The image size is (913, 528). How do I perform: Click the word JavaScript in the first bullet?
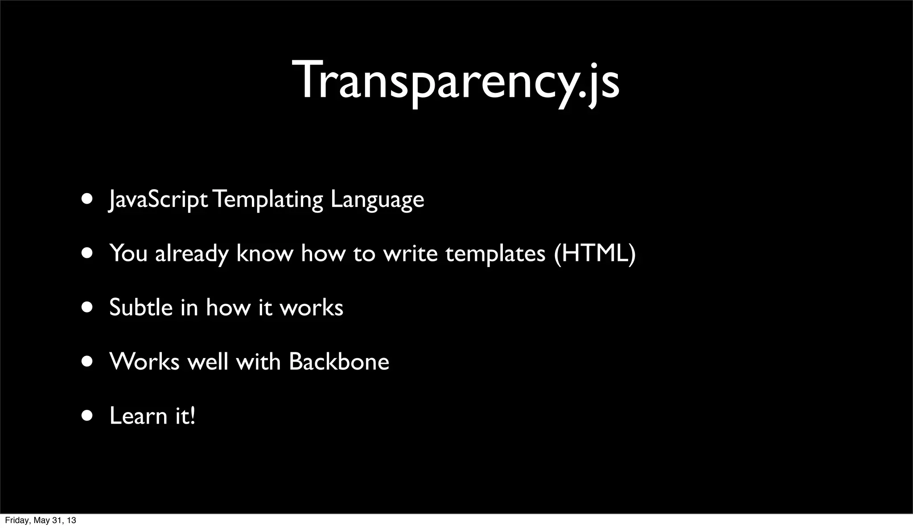158,199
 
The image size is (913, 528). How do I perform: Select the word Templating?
267,199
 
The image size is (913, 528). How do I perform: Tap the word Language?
377,199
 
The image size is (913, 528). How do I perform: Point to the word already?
191,254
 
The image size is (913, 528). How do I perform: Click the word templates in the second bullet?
495,254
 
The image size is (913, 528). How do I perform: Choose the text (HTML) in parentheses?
594,253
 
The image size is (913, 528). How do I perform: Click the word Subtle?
140,307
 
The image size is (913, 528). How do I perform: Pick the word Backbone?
339,361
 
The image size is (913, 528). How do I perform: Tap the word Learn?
138,416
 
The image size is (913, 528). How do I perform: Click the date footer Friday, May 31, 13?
40,520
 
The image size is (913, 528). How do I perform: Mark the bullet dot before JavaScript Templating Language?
87,198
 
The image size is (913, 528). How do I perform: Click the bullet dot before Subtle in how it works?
87,307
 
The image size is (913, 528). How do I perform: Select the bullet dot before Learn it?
87,416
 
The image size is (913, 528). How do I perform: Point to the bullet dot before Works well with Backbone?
87,361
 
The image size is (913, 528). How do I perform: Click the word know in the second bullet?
264,253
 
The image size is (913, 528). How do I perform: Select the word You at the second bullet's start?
128,253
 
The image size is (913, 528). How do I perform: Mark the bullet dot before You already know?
87,253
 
